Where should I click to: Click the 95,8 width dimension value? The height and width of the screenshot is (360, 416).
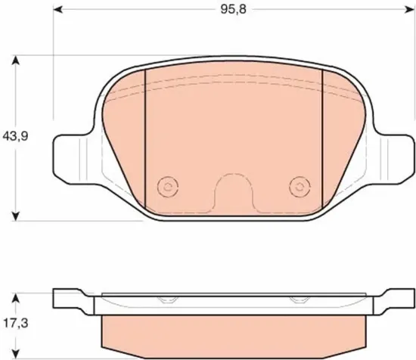coord(234,10)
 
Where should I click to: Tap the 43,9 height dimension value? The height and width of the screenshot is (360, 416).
coord(15,136)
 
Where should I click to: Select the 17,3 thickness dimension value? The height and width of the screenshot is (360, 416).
coord(16,323)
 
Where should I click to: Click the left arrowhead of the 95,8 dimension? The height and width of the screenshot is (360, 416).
coord(58,10)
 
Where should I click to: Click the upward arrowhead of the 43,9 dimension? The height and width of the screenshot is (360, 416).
coord(16,61)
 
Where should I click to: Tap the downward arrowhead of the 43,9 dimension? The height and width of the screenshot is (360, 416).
coord(16,216)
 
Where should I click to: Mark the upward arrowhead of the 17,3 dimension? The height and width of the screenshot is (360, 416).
coord(16,298)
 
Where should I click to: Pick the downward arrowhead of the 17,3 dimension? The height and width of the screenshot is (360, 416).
coord(16,353)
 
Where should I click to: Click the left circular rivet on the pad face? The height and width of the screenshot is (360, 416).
coord(168,187)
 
